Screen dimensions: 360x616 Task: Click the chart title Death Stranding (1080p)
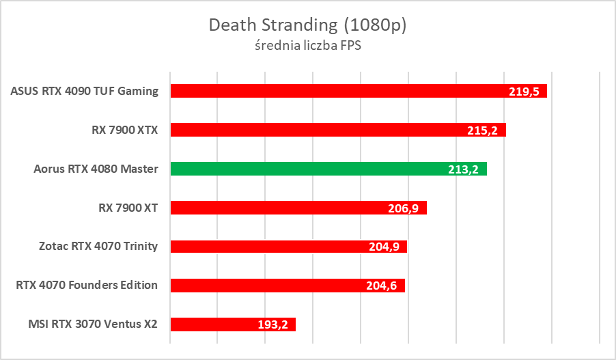pos(307,25)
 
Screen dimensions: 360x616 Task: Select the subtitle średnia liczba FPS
pos(307,46)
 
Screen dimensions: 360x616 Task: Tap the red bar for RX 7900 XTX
pos(321,130)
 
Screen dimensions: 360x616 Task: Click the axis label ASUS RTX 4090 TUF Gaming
pos(85,91)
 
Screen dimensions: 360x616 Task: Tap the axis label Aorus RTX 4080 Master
pos(96,169)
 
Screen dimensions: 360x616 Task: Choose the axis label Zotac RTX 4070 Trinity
pos(98,247)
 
